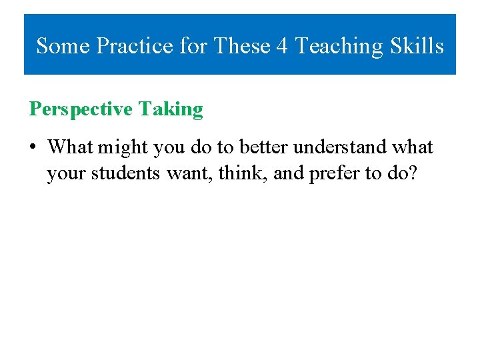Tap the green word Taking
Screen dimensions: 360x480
click(171, 109)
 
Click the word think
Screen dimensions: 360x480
click(234, 173)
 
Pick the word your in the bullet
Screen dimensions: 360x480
click(67, 173)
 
